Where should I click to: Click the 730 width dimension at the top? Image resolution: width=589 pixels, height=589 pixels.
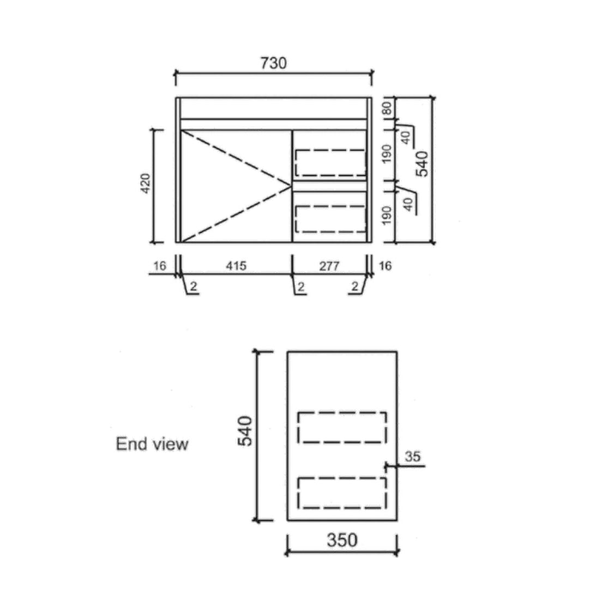pyautogui.click(x=273, y=63)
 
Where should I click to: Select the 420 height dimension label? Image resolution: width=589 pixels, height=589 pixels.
pyautogui.click(x=146, y=183)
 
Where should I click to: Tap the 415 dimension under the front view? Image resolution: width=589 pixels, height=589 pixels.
pyautogui.click(x=236, y=266)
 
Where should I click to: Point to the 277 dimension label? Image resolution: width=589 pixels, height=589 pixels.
pyautogui.click(x=329, y=266)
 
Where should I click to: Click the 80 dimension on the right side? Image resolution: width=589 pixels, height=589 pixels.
pyautogui.click(x=387, y=108)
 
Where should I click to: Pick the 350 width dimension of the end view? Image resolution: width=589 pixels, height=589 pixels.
pyautogui.click(x=342, y=540)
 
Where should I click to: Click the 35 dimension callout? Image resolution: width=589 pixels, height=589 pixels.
pyautogui.click(x=412, y=456)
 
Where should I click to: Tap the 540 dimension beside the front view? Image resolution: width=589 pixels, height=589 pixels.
pyautogui.click(x=422, y=164)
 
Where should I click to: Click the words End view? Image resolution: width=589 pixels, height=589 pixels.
pyautogui.click(x=152, y=443)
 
